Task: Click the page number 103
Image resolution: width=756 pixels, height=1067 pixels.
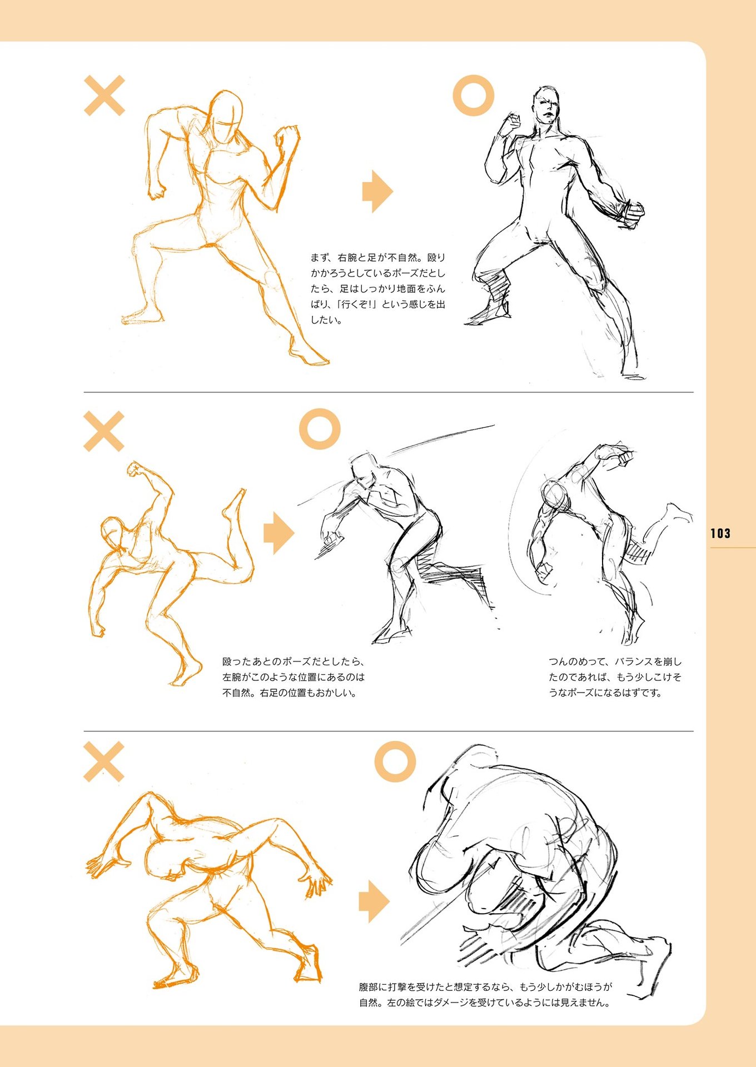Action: coord(720,533)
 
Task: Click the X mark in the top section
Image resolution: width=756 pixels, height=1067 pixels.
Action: coord(104,96)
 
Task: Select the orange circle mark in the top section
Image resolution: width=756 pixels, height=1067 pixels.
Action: coord(473,96)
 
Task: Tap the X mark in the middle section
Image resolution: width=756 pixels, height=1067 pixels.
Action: coord(104,432)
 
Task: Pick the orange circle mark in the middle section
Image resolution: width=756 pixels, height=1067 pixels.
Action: coord(320,429)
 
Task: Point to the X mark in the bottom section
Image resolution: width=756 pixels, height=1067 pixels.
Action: coord(104,762)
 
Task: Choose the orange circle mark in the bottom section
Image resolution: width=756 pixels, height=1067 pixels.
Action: coord(395,761)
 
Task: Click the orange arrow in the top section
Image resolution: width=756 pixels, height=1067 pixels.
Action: coord(377,192)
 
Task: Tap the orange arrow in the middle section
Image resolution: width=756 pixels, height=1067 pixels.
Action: coord(278,533)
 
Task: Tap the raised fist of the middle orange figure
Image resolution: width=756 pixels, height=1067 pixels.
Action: coord(135,470)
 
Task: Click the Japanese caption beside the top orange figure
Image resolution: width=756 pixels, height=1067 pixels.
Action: coord(378,288)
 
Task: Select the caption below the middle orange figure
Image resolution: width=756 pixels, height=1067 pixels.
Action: coord(293,677)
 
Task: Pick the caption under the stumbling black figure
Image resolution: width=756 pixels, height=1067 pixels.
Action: coord(615,677)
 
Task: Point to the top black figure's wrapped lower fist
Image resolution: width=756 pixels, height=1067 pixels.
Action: coord(630,214)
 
